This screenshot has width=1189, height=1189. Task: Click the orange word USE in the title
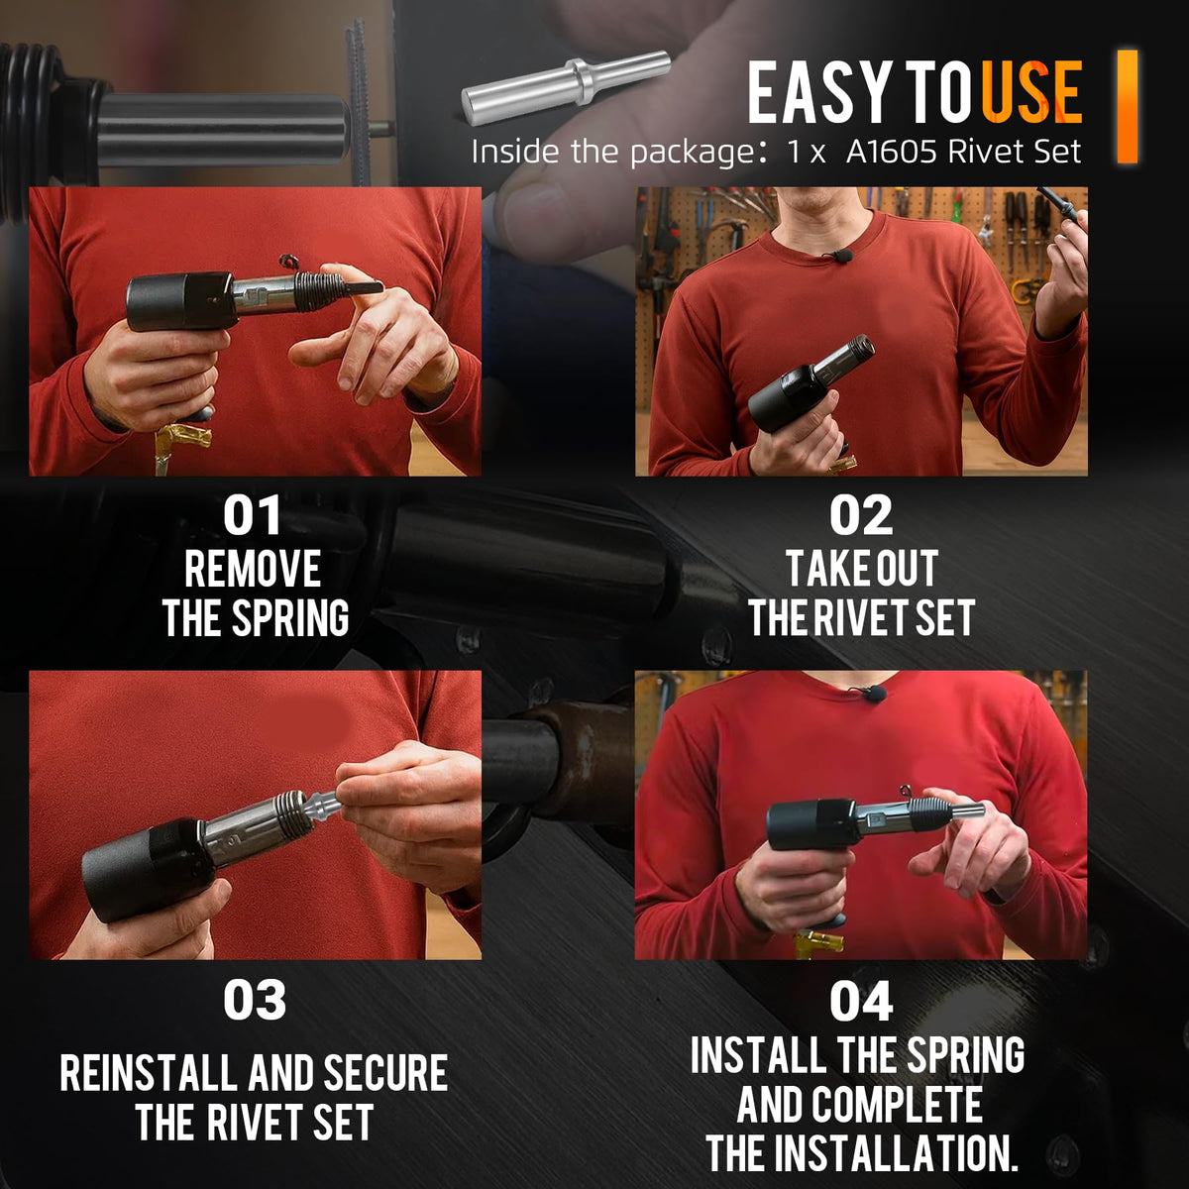1031,91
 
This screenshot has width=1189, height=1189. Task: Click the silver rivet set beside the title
566,85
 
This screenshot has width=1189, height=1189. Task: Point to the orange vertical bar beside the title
1127,106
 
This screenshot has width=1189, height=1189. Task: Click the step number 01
252,515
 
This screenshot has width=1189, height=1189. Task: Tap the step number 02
861,515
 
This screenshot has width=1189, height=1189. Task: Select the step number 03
255,1000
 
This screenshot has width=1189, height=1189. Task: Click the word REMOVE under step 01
253,569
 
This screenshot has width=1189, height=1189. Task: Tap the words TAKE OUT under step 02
862,569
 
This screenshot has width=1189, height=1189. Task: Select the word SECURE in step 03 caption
385,1074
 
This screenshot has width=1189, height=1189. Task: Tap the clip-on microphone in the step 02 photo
842,256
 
